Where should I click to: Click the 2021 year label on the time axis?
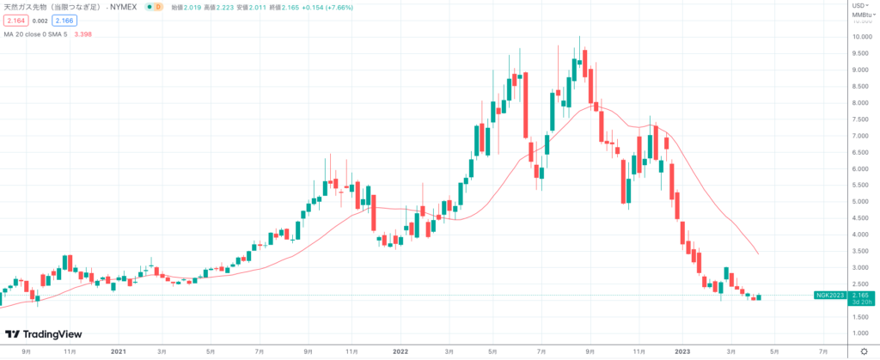tap(119, 351)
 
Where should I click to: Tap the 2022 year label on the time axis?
tap(400, 351)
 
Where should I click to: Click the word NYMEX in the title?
tap(124, 7)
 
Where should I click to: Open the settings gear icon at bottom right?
tap(862, 351)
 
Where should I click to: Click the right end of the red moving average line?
tap(757, 253)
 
